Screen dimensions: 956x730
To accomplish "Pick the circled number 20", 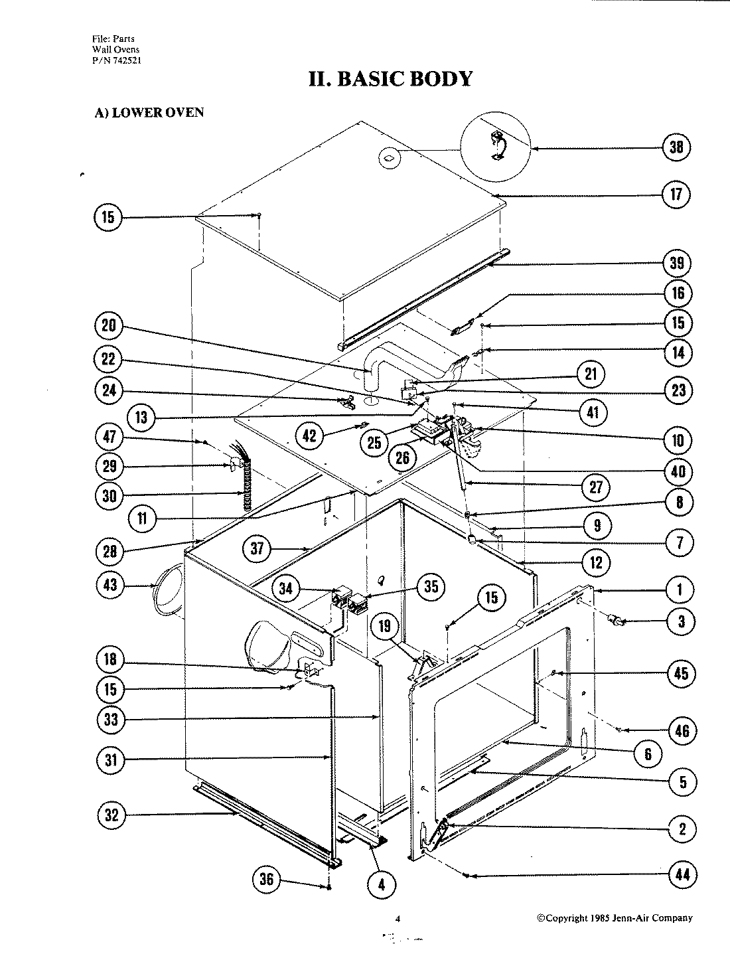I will click(x=108, y=326).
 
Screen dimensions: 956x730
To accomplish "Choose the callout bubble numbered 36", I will click(x=267, y=880).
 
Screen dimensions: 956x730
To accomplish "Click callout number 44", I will click(x=676, y=875).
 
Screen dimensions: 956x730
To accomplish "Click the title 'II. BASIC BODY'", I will click(x=390, y=78).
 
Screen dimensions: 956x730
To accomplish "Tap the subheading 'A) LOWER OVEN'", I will click(x=149, y=112).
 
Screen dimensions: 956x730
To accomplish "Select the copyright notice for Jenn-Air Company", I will click(x=615, y=918).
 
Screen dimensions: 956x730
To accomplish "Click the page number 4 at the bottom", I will click(x=398, y=919).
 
